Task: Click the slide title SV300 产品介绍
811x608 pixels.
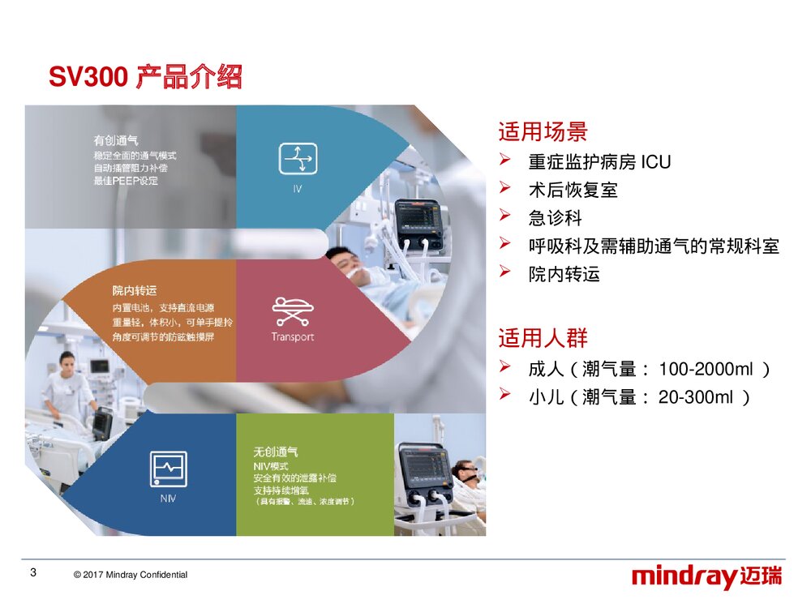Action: tap(145, 78)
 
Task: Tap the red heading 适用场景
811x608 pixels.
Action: tap(543, 131)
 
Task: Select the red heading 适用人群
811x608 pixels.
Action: tap(543, 338)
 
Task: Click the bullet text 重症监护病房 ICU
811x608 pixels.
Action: tap(599, 162)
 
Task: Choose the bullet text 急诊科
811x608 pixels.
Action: tap(556, 218)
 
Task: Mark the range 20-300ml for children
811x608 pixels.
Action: tap(696, 397)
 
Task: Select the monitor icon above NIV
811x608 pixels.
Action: tap(168, 469)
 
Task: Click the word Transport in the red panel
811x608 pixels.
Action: tap(293, 337)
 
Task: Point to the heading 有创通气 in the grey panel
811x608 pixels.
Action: tap(116, 140)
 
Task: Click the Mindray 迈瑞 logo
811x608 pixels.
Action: tap(707, 577)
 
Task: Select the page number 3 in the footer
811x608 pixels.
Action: tap(32, 573)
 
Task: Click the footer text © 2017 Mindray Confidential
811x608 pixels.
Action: tap(130, 575)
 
